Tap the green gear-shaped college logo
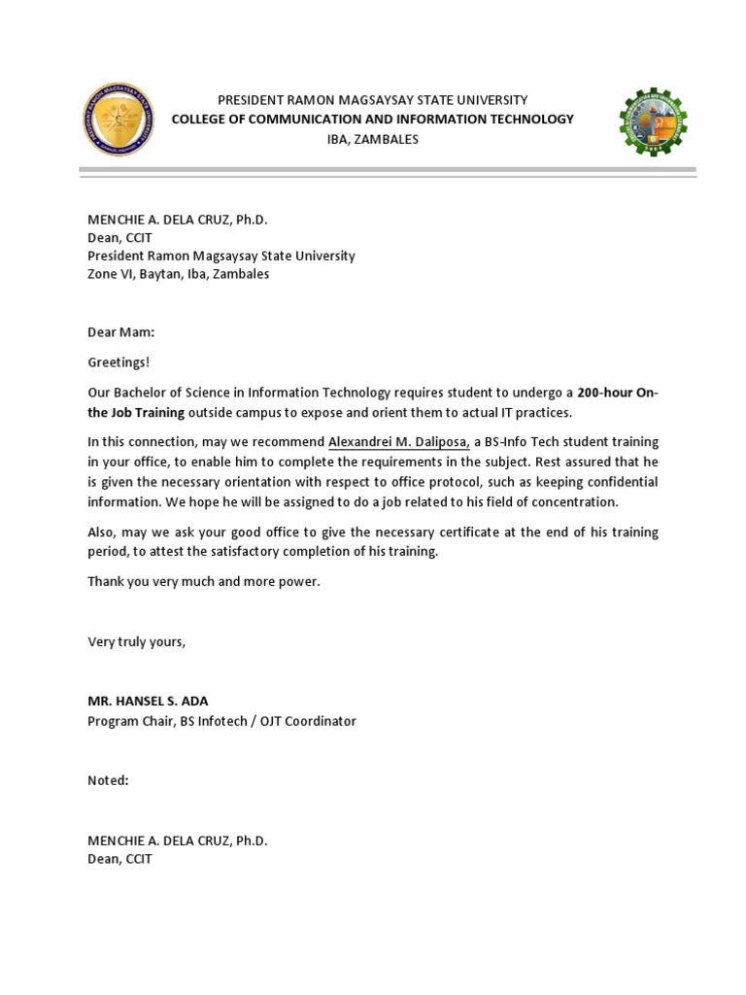point(652,121)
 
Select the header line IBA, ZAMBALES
point(372,139)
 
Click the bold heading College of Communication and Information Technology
point(372,120)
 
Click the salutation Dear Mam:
point(120,332)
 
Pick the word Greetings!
point(119,362)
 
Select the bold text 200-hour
point(603,393)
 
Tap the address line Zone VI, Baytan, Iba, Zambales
point(179,274)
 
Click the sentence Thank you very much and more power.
point(203,581)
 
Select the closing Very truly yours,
point(136,641)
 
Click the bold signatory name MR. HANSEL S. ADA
point(148,702)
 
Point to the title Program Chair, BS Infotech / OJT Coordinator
point(221,721)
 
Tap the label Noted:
point(108,780)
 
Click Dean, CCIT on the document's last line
point(119,859)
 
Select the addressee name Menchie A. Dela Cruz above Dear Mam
point(177,219)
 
